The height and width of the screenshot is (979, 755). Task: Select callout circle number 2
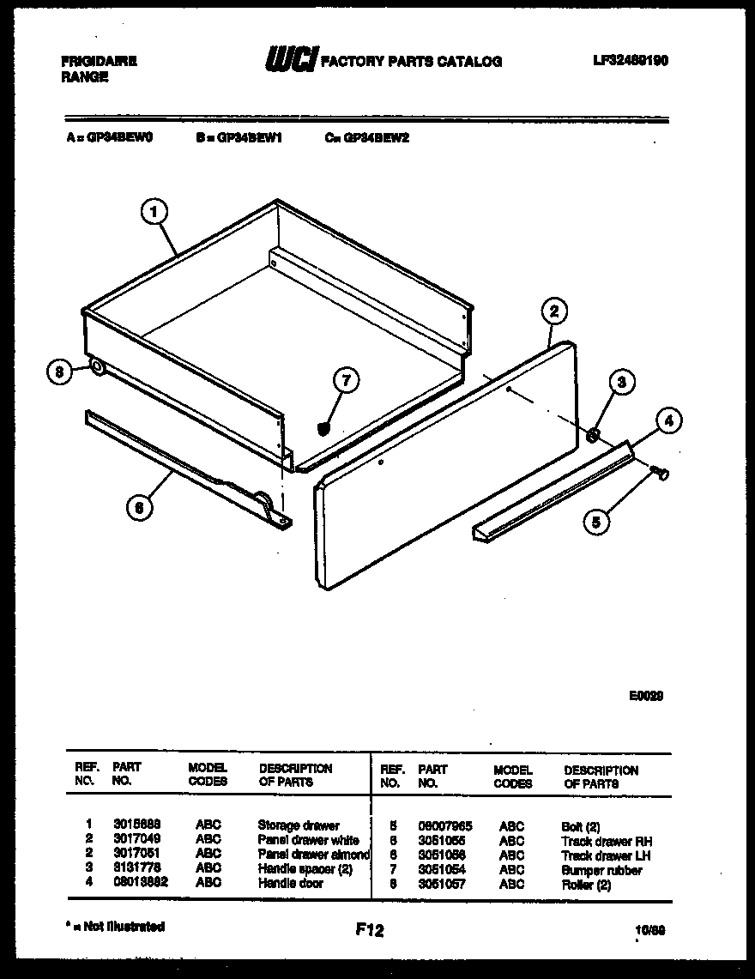[x=554, y=311]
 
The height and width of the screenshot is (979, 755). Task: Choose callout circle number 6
[x=138, y=508]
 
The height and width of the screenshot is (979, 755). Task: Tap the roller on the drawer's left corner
[x=96, y=369]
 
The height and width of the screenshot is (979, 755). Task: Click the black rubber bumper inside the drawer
[x=324, y=427]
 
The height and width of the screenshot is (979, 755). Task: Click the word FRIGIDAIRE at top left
[x=99, y=62]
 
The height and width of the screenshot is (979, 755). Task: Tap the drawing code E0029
[x=646, y=696]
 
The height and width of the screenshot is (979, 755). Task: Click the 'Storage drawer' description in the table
[x=299, y=825]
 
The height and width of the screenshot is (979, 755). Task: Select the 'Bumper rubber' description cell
[x=601, y=870]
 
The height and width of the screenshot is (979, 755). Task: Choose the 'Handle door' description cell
[x=290, y=883]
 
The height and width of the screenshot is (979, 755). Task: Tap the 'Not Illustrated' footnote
[x=115, y=927]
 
